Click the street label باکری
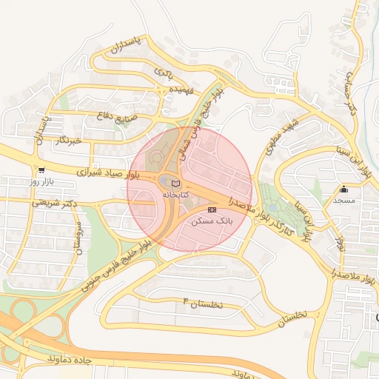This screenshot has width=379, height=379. tap(164, 73)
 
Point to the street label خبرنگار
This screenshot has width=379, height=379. tap(65, 140)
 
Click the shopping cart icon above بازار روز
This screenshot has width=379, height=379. tap(41, 170)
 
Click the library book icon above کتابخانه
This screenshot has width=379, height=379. tap(175, 183)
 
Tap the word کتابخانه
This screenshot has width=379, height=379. tap(175, 194)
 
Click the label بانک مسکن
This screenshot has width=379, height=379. tap(212, 221)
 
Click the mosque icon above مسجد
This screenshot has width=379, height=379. tap(344, 189)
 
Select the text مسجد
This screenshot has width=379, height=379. tap(344, 201)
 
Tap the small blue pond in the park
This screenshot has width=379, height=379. tap(273, 209)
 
